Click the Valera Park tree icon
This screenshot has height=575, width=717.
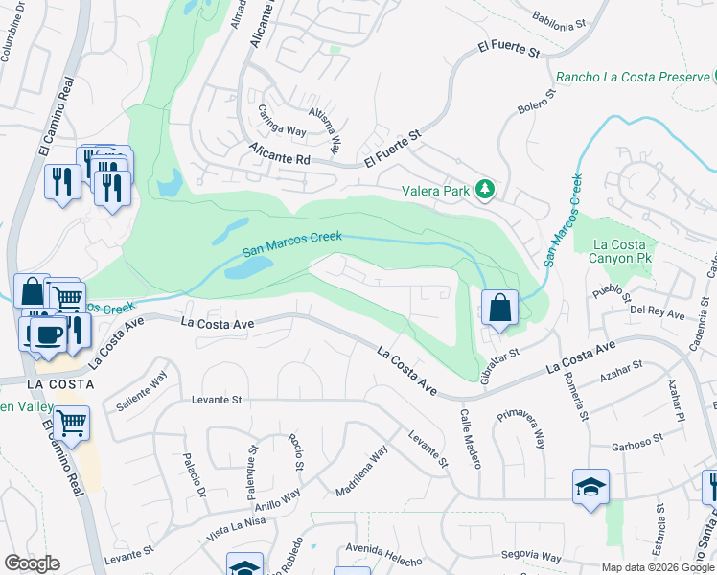[486, 190]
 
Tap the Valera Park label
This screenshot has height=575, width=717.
[436, 191]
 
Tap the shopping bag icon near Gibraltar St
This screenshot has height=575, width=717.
[499, 309]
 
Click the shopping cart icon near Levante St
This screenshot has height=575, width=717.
[72, 422]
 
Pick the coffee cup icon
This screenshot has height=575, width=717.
[46, 334]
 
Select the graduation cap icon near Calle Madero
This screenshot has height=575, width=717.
[590, 487]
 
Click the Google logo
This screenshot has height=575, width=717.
[32, 563]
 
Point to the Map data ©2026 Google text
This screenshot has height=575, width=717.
[659, 567]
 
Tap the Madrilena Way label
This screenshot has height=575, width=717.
[361, 471]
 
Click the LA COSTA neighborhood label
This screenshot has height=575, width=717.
[60, 384]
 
